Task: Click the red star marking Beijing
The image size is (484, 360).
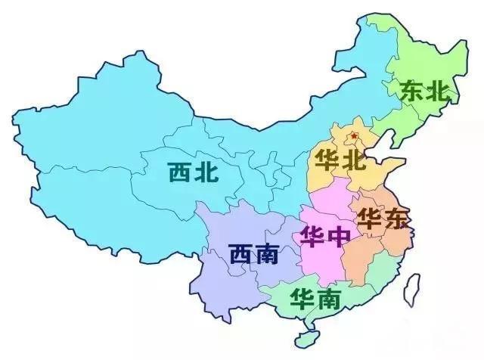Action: coord(355,136)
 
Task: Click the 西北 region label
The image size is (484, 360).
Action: coord(194,172)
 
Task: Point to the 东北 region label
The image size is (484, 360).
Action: coord(425,91)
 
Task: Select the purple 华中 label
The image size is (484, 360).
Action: coord(325,236)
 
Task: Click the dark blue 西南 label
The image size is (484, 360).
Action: coord(253,253)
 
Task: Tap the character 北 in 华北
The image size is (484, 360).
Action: coord(352,161)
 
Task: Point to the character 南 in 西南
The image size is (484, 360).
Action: coord(266,253)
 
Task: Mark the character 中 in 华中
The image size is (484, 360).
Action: coord(339,236)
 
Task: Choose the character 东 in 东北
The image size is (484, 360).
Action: coord(412,91)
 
